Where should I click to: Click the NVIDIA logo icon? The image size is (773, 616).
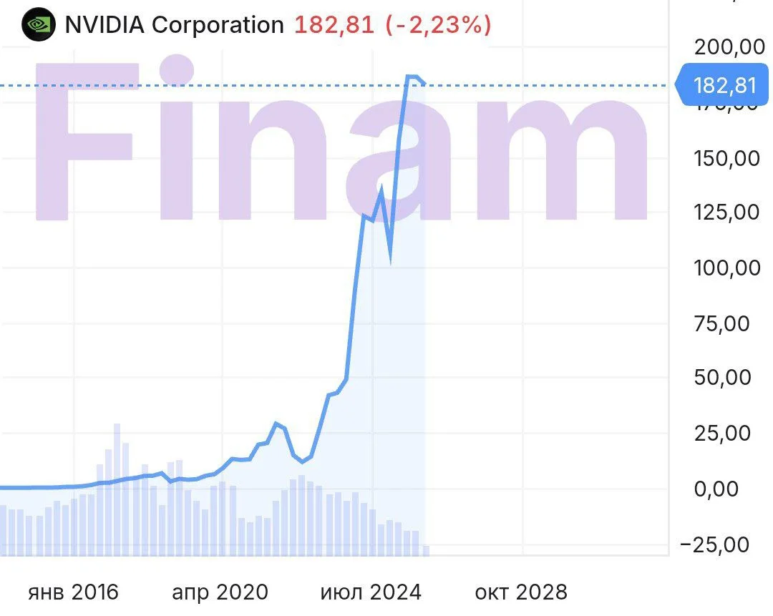coord(38,25)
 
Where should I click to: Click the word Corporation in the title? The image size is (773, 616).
coord(218,25)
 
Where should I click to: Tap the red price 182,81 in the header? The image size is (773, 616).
coord(334,25)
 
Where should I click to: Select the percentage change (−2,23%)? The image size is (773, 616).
coord(438,25)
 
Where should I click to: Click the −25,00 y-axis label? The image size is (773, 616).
coord(724,544)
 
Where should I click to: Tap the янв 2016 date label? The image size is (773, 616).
coord(73,592)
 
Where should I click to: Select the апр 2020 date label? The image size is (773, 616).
coord(220,592)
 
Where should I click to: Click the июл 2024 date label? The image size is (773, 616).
coord(371,592)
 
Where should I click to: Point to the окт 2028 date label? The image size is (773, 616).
coord(521,592)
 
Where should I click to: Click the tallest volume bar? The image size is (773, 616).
coord(117,487)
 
